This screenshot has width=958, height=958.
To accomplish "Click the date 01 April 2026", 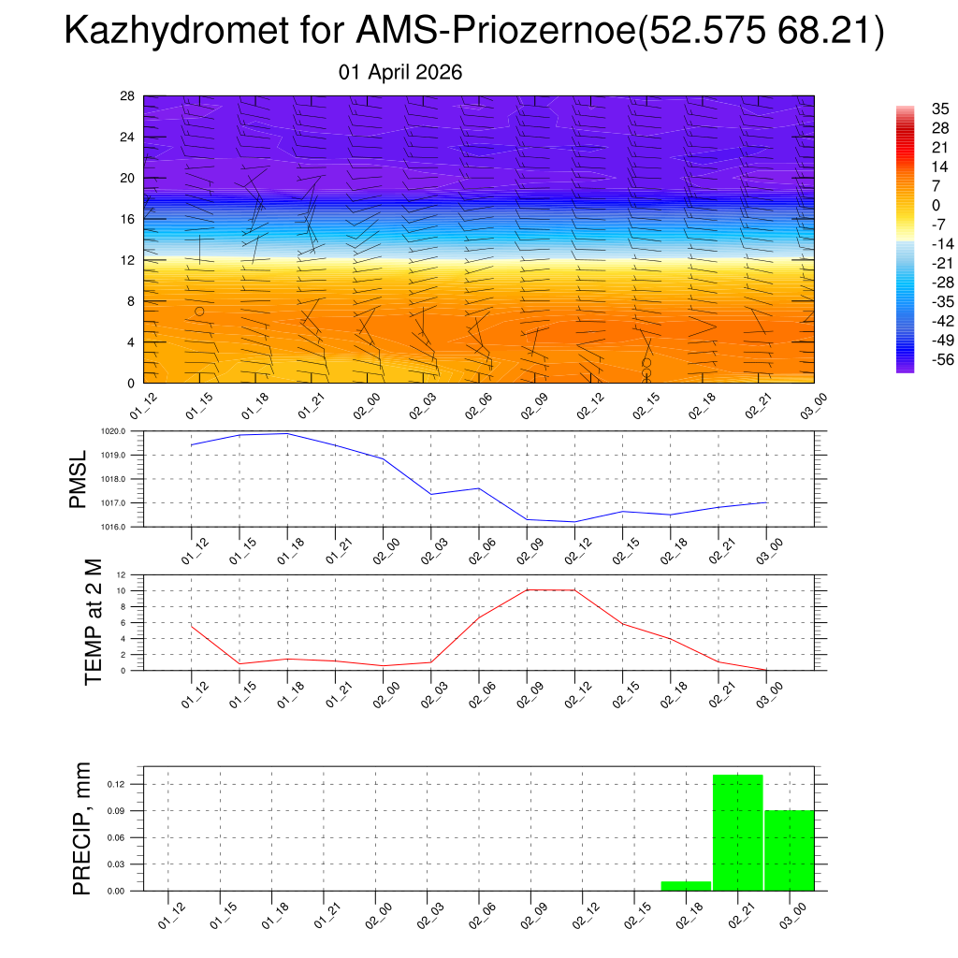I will (x=399, y=72).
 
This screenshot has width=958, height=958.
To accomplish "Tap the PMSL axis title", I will (x=79, y=478).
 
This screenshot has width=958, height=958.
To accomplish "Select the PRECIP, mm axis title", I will (x=82, y=829).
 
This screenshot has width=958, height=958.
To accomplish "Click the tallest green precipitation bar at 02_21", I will (x=737, y=833).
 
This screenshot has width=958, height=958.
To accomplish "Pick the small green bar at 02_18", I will (x=686, y=885).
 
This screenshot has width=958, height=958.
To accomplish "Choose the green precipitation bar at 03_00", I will (x=789, y=849).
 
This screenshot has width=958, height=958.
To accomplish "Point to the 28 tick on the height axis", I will (x=127, y=96).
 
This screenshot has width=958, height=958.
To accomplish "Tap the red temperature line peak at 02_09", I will (x=528, y=589).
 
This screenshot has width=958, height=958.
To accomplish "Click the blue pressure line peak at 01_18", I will (x=287, y=433).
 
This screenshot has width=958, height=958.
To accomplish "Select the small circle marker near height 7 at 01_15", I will (x=199, y=312).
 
